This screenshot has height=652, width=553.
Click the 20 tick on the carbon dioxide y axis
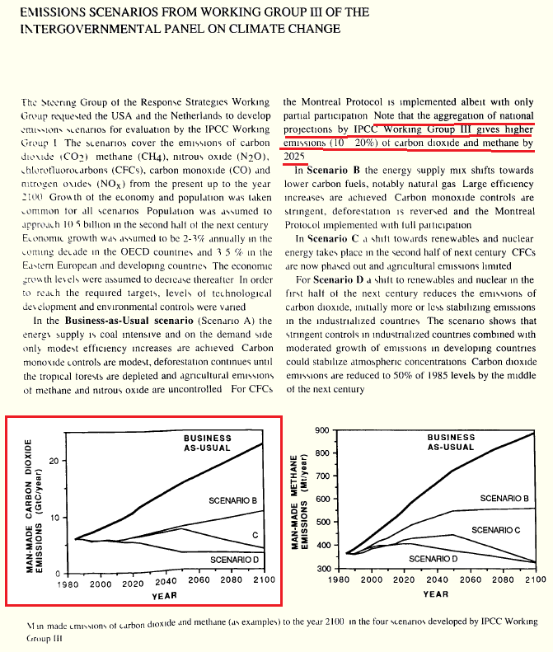click(53, 461)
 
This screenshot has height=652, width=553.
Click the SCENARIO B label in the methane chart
click(504, 499)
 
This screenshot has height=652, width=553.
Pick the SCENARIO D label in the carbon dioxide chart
click(235, 560)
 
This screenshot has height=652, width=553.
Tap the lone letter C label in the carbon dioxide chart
click(255, 536)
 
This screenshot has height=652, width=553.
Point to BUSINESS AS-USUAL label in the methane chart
click(451, 442)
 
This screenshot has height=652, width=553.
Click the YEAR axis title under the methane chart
click(436, 593)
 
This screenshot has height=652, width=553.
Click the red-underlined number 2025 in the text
click(295, 155)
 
